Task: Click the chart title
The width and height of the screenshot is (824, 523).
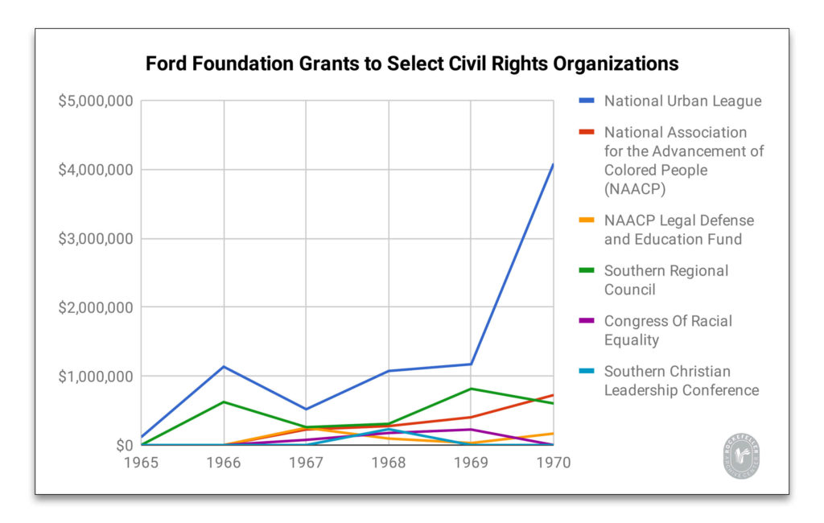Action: (x=411, y=64)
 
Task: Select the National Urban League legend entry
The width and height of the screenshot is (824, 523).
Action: (x=682, y=101)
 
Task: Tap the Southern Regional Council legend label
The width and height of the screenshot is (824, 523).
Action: (x=665, y=280)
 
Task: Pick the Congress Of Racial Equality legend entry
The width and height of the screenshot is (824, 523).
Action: (x=667, y=330)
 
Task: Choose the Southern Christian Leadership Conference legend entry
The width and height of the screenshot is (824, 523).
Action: (x=681, y=381)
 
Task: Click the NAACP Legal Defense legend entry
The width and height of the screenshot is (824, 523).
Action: (x=678, y=229)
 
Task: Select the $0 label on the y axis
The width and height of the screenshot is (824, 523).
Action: (x=123, y=445)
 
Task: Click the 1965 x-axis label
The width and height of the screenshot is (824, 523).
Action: (x=142, y=463)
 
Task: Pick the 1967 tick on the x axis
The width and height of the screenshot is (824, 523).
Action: (x=307, y=463)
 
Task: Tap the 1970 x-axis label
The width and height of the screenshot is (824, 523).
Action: (x=553, y=463)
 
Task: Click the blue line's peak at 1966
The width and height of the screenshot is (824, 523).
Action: (x=224, y=367)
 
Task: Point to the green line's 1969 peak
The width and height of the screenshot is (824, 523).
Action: (x=471, y=389)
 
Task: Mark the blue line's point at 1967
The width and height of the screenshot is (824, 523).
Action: (x=307, y=410)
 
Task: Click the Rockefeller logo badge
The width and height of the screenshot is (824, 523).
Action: (x=740, y=457)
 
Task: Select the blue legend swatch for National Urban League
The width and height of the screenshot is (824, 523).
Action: (x=587, y=101)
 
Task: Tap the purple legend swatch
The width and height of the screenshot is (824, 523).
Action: (x=587, y=321)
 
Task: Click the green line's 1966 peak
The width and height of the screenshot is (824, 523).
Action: (x=224, y=402)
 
